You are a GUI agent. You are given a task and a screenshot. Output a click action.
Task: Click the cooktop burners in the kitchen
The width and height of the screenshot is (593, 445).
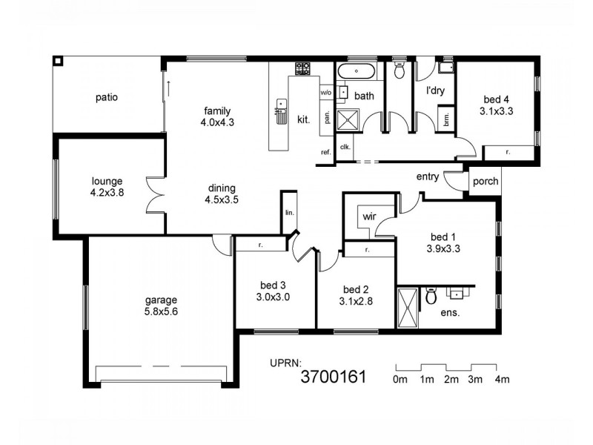pos(302,69)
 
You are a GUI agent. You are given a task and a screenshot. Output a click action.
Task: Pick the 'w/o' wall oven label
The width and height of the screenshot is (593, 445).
pos(326,93)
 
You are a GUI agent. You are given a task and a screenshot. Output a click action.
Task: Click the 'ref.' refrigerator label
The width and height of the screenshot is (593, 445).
pos(325,152)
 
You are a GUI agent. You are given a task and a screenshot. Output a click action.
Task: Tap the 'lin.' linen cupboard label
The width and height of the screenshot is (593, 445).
pos(288,212)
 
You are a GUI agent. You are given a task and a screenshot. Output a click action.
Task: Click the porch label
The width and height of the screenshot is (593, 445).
pos(486,181)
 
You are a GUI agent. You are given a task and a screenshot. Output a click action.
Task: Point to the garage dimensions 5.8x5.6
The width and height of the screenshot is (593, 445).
pos(161,311)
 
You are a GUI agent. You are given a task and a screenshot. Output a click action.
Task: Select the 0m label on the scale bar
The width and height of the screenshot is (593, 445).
pos(400,380)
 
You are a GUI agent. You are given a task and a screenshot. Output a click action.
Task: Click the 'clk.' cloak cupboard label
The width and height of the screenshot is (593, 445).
pos(345,147)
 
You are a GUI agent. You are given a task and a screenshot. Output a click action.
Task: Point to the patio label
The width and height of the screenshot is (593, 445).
pos(107,96)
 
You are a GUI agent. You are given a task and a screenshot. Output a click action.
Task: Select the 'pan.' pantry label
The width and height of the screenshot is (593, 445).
pos(325,117)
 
